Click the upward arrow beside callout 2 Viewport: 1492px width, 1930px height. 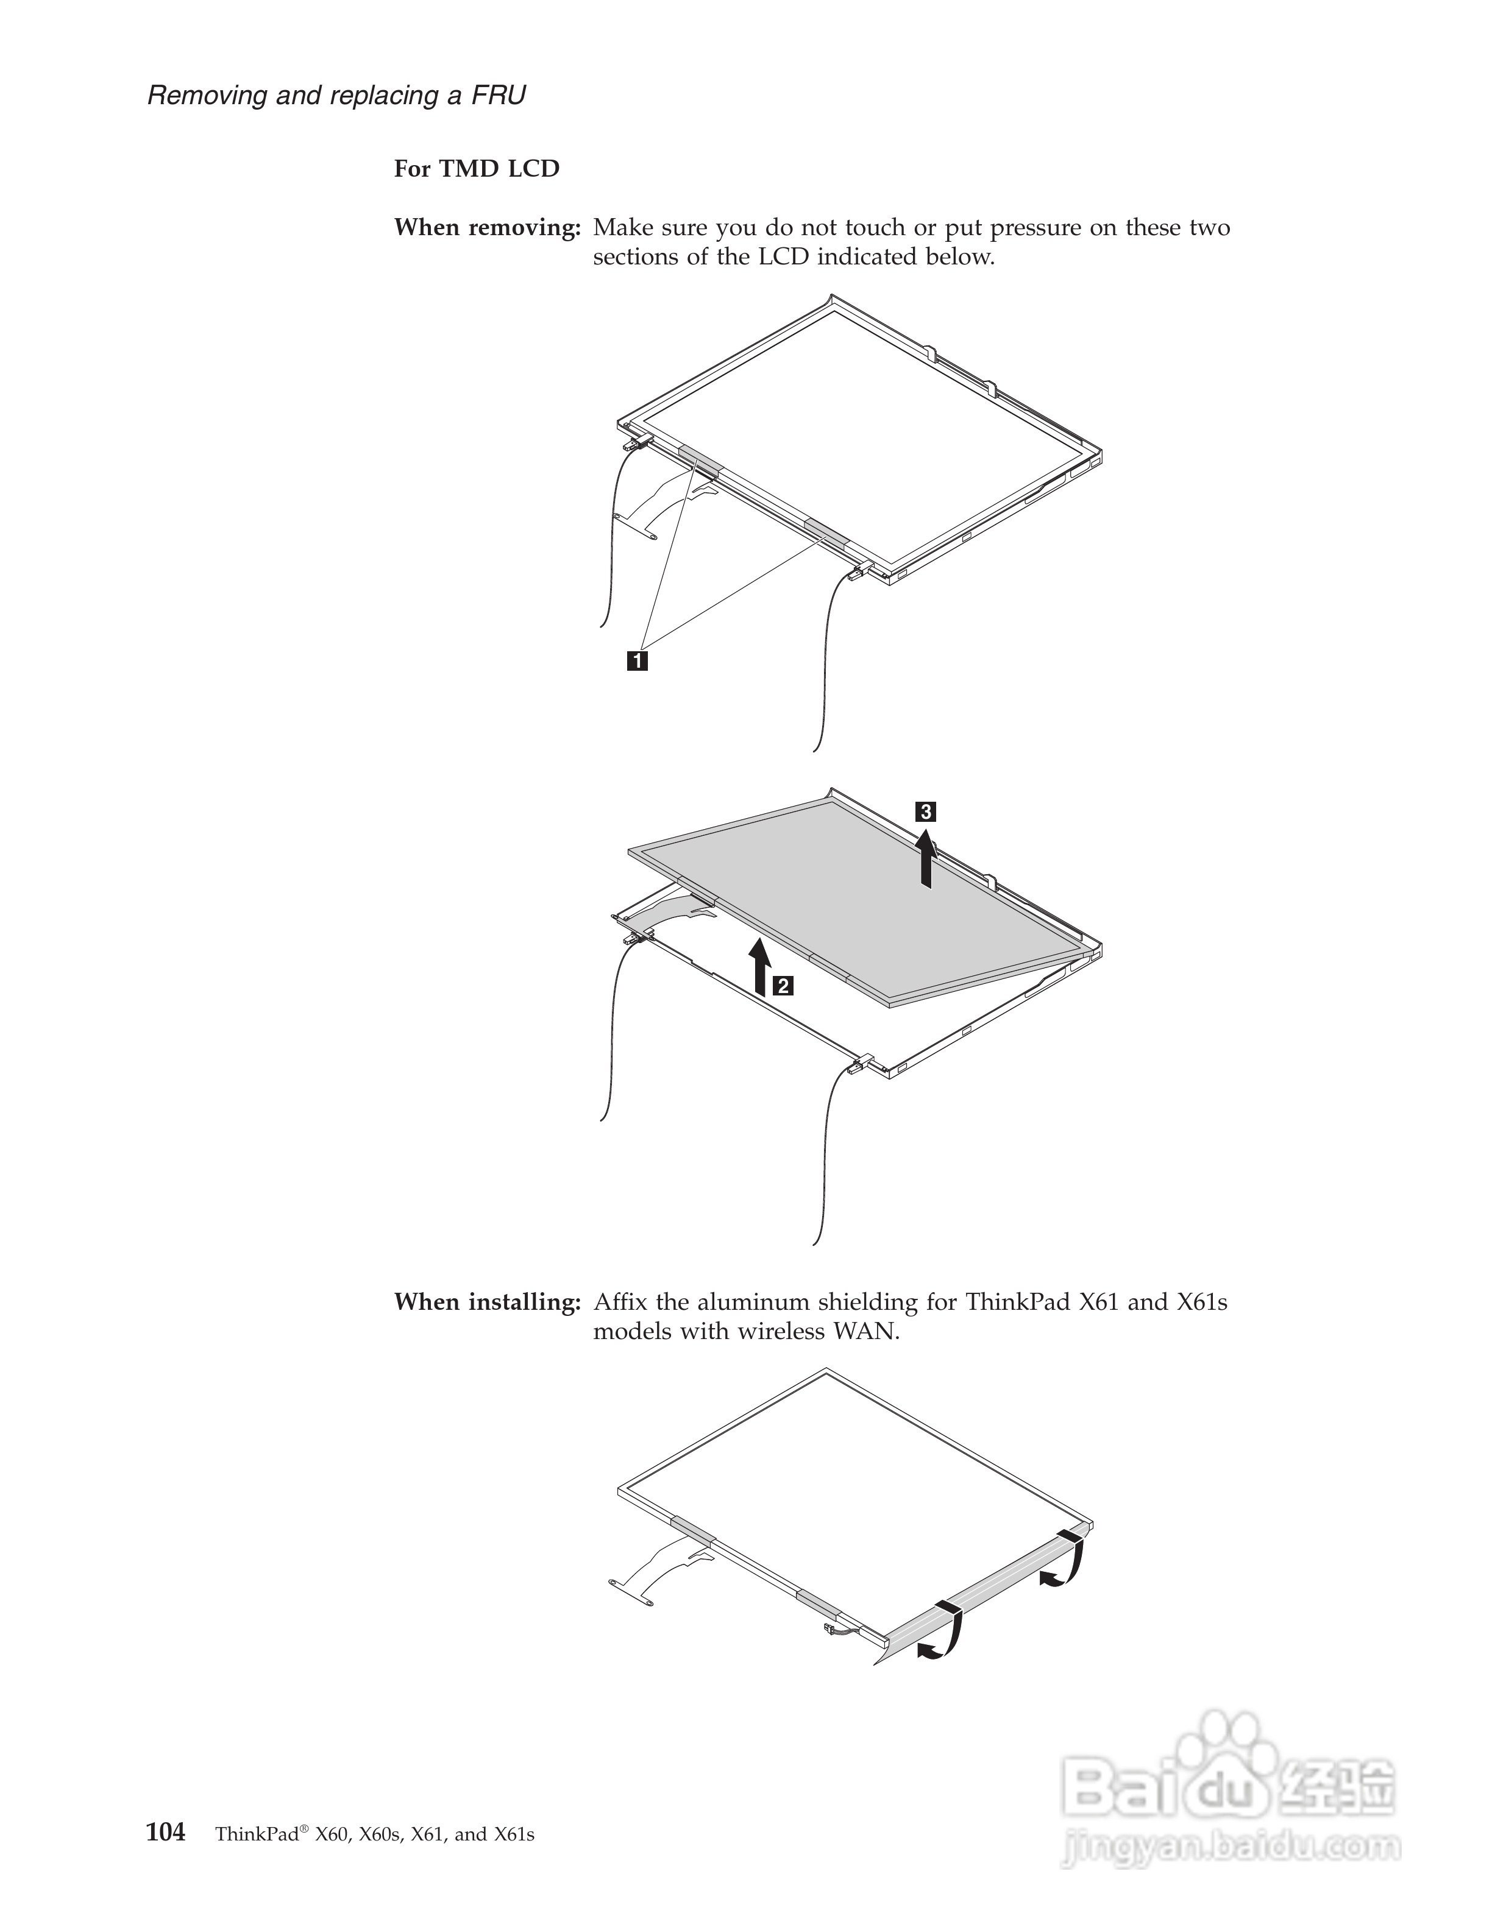click(758, 967)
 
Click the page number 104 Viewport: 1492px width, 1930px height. click(165, 1832)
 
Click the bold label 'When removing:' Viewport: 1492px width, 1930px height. click(487, 228)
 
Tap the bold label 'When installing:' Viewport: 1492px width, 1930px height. click(487, 1302)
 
